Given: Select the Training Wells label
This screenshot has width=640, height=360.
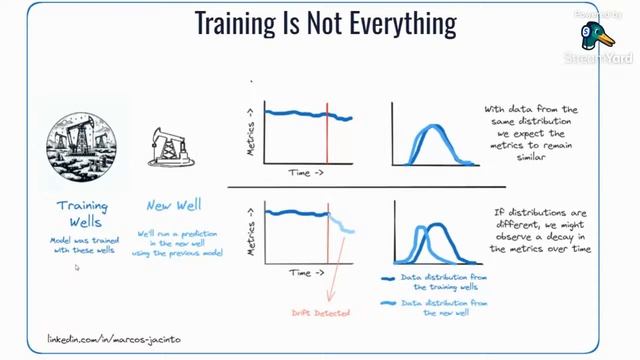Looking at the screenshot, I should tap(82, 213).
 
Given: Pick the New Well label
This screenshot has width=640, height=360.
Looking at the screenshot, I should tap(174, 206).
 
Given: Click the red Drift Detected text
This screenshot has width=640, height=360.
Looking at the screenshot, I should tap(321, 313).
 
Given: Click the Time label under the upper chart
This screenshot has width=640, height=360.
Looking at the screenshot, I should tap(306, 173).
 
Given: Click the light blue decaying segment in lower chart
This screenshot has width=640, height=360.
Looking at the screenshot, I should tap(342, 225).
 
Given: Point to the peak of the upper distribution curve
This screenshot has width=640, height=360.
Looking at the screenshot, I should tap(430, 128).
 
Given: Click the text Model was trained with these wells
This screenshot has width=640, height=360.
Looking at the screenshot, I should tap(82, 245).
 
